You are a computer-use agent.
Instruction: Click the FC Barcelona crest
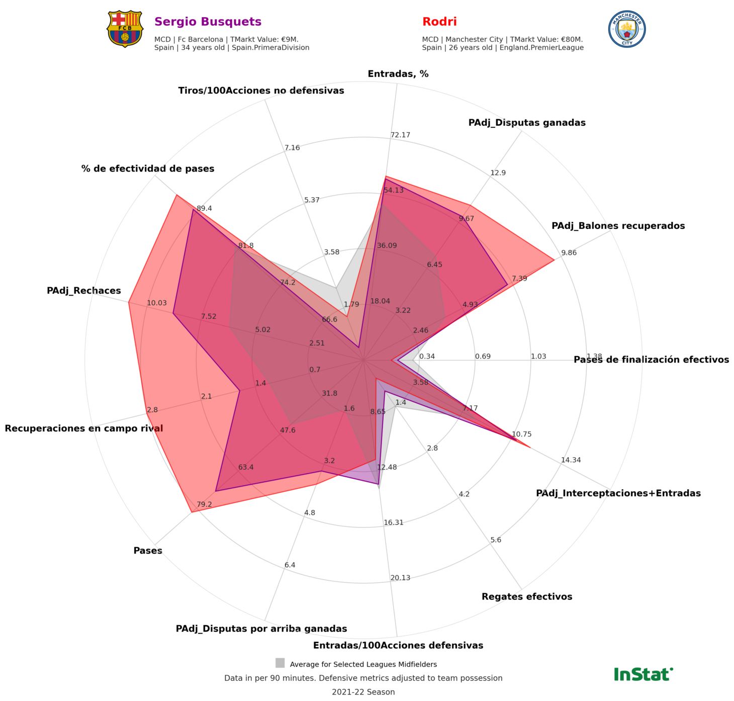point(125,29)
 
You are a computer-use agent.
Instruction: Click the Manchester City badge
point(627,29)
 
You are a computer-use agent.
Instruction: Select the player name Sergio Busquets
point(208,22)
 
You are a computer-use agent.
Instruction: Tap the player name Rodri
point(439,22)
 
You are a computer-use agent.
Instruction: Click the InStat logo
point(643,674)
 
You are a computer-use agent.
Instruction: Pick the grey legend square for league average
point(280,663)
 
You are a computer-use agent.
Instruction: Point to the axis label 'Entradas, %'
point(398,74)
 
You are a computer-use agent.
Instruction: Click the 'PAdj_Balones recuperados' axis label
point(618,226)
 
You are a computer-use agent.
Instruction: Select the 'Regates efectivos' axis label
point(527,597)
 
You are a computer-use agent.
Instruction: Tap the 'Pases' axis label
point(148,551)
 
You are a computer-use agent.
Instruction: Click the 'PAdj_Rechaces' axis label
point(84,291)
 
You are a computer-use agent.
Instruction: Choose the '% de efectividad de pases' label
point(148,168)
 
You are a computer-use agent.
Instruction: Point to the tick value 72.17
point(400,135)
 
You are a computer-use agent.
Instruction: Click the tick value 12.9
point(498,173)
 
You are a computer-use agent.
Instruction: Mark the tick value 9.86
point(569,253)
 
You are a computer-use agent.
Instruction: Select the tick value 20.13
point(400,578)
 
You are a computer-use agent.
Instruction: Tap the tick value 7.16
point(292,148)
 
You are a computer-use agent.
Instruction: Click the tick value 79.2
point(204,504)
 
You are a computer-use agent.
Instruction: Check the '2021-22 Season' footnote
point(363,692)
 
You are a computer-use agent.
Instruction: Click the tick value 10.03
point(157,303)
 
